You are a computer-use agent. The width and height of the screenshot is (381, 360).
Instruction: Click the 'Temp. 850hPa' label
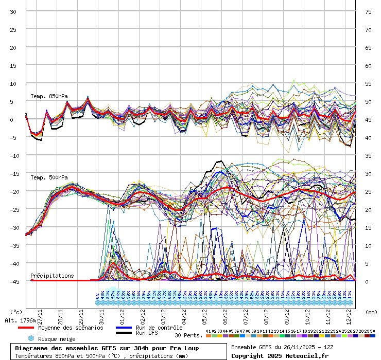click(49, 96)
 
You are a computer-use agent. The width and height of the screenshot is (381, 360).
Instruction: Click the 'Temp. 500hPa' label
click(49, 178)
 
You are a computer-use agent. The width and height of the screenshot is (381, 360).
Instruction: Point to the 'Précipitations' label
click(51, 276)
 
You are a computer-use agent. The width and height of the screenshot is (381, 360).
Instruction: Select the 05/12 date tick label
click(204, 314)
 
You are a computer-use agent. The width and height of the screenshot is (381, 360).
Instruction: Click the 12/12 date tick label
click(349, 314)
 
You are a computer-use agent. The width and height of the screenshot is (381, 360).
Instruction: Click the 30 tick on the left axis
click(13, 11)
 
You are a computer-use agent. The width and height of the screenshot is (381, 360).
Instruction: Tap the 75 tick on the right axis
click(368, 11)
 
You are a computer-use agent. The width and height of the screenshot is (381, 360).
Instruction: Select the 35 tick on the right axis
click(368, 155)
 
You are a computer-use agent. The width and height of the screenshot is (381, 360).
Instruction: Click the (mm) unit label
click(371, 312)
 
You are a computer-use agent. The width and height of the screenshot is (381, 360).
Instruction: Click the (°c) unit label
click(16, 312)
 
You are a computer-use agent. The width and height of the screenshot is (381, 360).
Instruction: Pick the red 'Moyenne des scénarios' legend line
click(33, 328)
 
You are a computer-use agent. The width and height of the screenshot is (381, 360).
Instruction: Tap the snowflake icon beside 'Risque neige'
click(30, 338)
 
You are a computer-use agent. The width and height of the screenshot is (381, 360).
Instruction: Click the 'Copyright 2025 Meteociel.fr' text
click(280, 355)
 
